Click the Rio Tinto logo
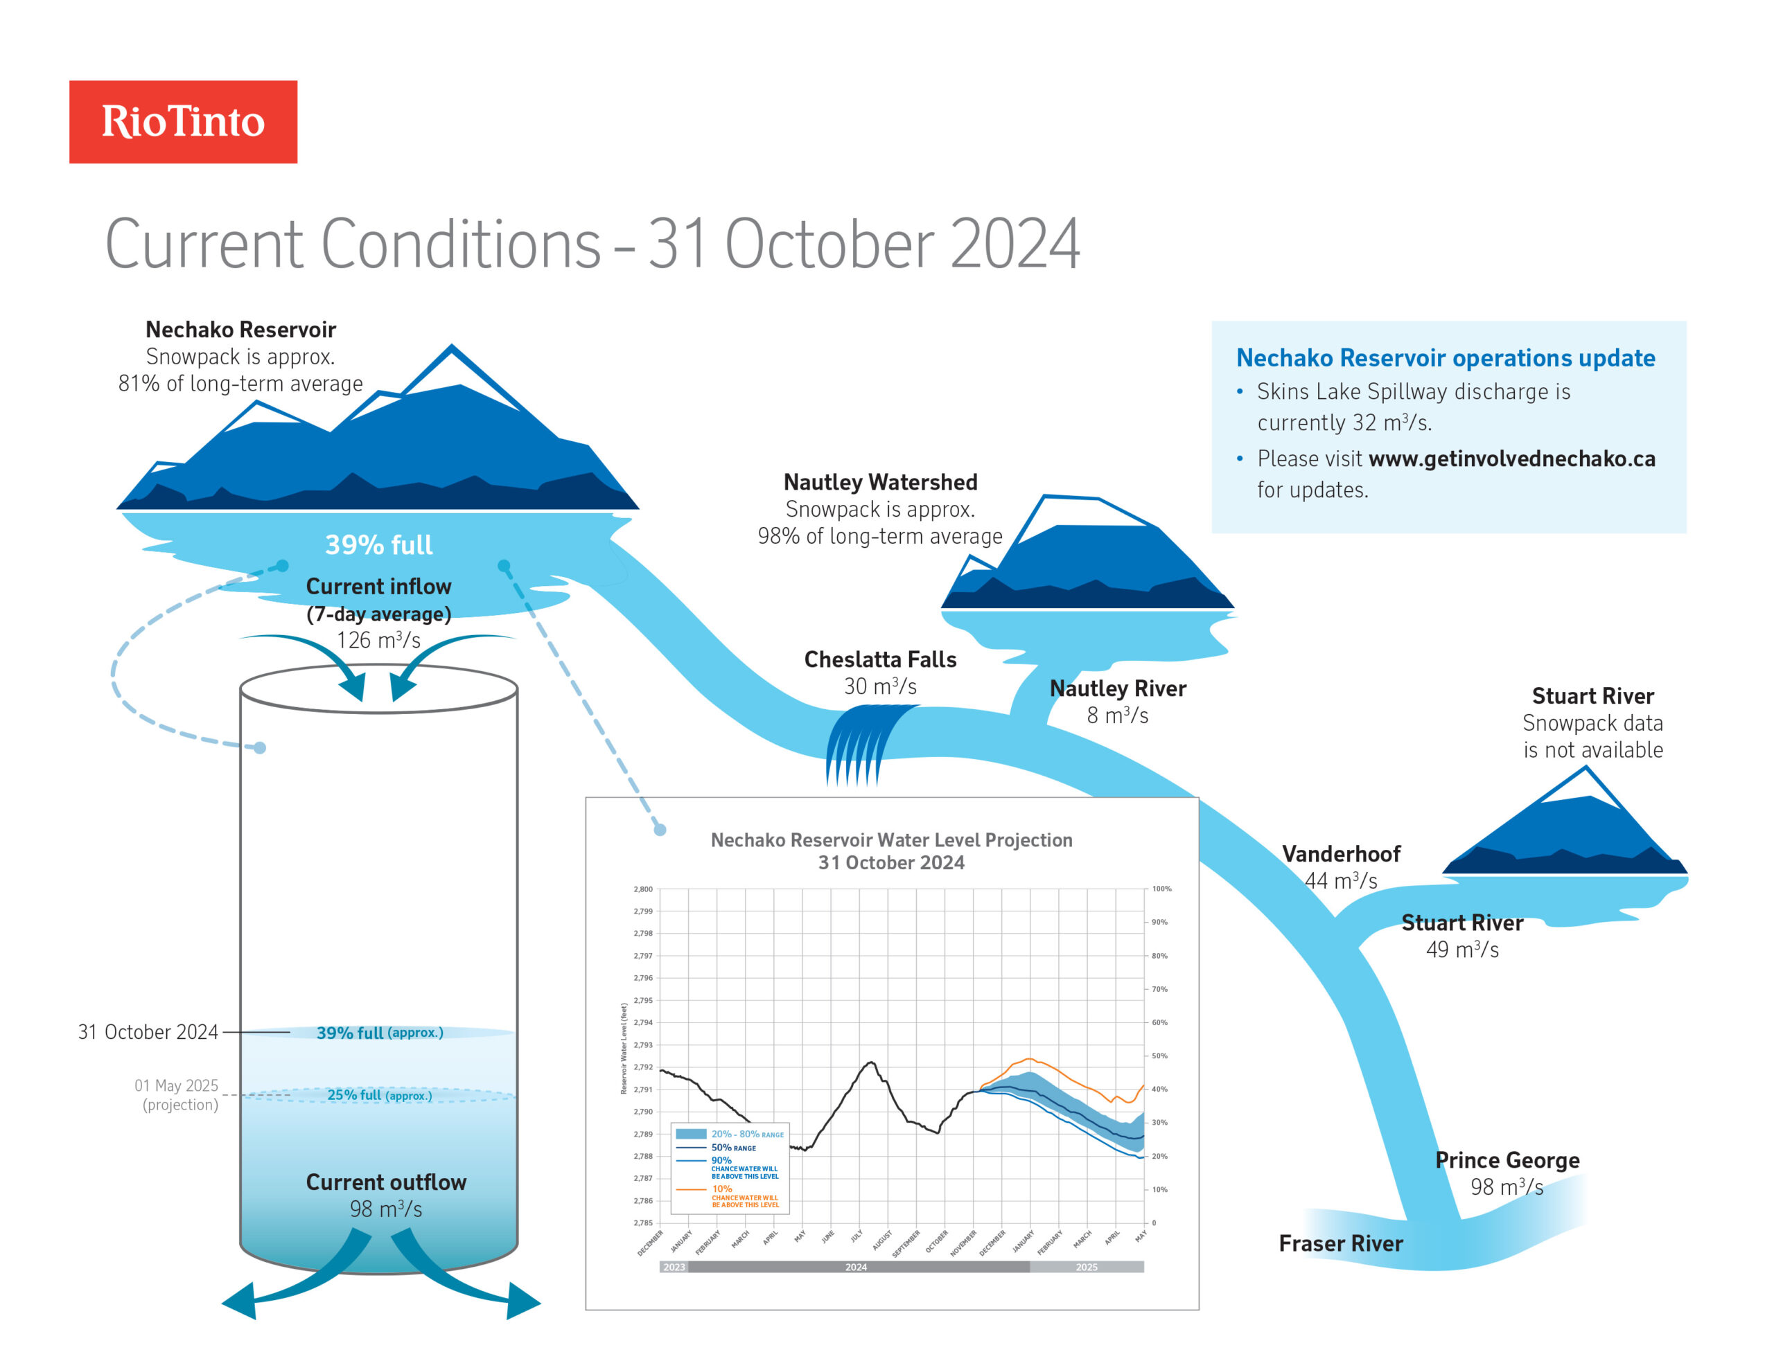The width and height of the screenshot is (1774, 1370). (x=183, y=122)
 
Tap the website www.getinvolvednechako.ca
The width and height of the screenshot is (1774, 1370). (x=1511, y=459)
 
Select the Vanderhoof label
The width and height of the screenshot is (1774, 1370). (x=1341, y=853)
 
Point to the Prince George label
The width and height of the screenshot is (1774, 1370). (x=1507, y=1159)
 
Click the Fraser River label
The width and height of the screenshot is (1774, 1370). (x=1340, y=1243)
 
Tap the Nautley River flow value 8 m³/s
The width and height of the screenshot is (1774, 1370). (x=1117, y=715)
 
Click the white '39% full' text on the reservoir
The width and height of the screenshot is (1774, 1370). (x=378, y=545)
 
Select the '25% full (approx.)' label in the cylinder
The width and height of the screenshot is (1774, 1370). (x=379, y=1095)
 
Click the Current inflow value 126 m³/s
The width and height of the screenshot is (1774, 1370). (x=378, y=640)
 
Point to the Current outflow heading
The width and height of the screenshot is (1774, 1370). (x=386, y=1182)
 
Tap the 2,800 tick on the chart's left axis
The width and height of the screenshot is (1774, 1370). (x=642, y=889)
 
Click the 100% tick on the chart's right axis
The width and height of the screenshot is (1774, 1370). (x=1161, y=889)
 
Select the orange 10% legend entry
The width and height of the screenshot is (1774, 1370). (x=722, y=1189)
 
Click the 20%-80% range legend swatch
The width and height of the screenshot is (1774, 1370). (x=690, y=1134)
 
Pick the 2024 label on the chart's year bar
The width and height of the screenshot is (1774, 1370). (x=855, y=1267)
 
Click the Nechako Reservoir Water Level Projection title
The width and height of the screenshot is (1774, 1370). (x=891, y=841)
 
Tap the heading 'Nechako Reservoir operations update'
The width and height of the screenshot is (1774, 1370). (x=1445, y=358)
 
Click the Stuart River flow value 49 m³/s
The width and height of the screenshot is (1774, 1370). (x=1462, y=950)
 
